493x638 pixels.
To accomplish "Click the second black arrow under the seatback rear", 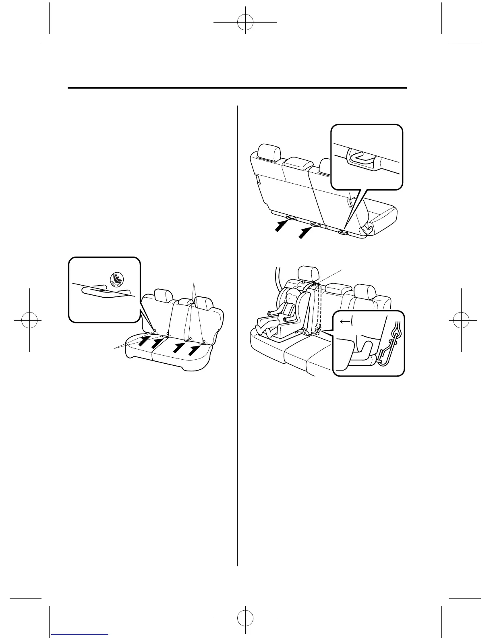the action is pyautogui.click(x=305, y=232).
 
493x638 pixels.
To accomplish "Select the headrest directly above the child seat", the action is pyautogui.click(x=308, y=273).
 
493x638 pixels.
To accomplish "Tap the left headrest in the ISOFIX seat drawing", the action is pyautogui.click(x=163, y=296).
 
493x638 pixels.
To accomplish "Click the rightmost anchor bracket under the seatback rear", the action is pyautogui.click(x=342, y=232).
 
